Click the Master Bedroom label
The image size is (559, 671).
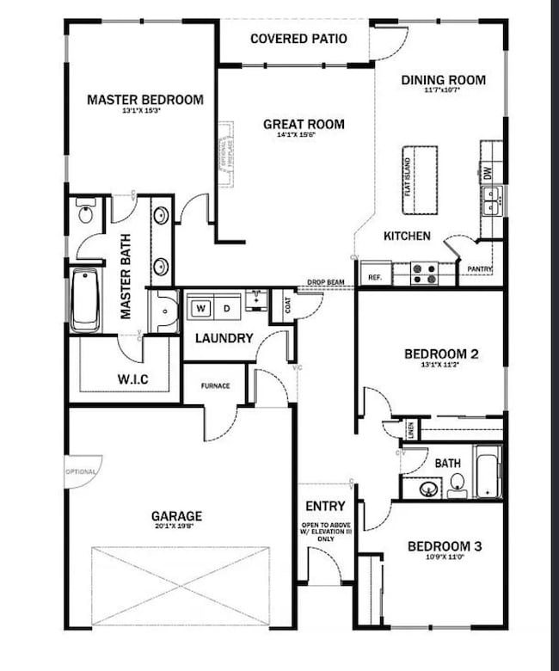tap(145, 100)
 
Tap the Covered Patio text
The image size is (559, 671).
tap(298, 39)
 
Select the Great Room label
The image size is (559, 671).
tap(304, 124)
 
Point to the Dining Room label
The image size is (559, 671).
tap(443, 80)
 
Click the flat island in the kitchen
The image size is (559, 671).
tap(420, 180)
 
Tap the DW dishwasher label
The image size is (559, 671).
tap(488, 173)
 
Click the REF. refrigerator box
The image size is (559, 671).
tap(375, 277)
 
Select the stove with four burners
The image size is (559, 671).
tap(422, 274)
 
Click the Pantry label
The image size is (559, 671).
tap(478, 269)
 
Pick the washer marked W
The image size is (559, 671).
tap(200, 307)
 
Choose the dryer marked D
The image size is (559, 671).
tap(226, 307)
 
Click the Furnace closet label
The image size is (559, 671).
tap(215, 385)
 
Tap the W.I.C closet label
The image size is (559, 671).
tap(133, 379)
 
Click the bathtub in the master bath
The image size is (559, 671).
tap(84, 300)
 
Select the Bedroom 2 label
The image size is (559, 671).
tap(441, 354)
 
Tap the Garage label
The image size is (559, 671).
tap(177, 516)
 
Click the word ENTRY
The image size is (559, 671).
tap(325, 506)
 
